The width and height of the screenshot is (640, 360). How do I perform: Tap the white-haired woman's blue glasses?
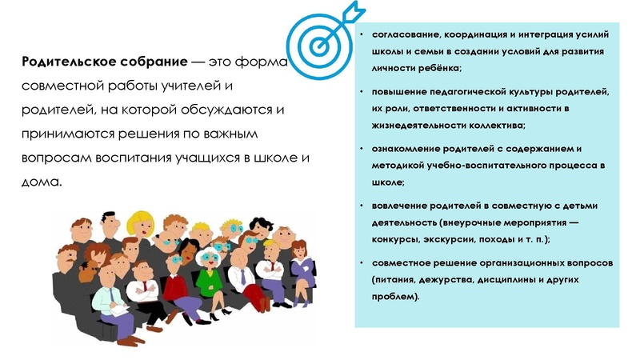pos(212,258)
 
